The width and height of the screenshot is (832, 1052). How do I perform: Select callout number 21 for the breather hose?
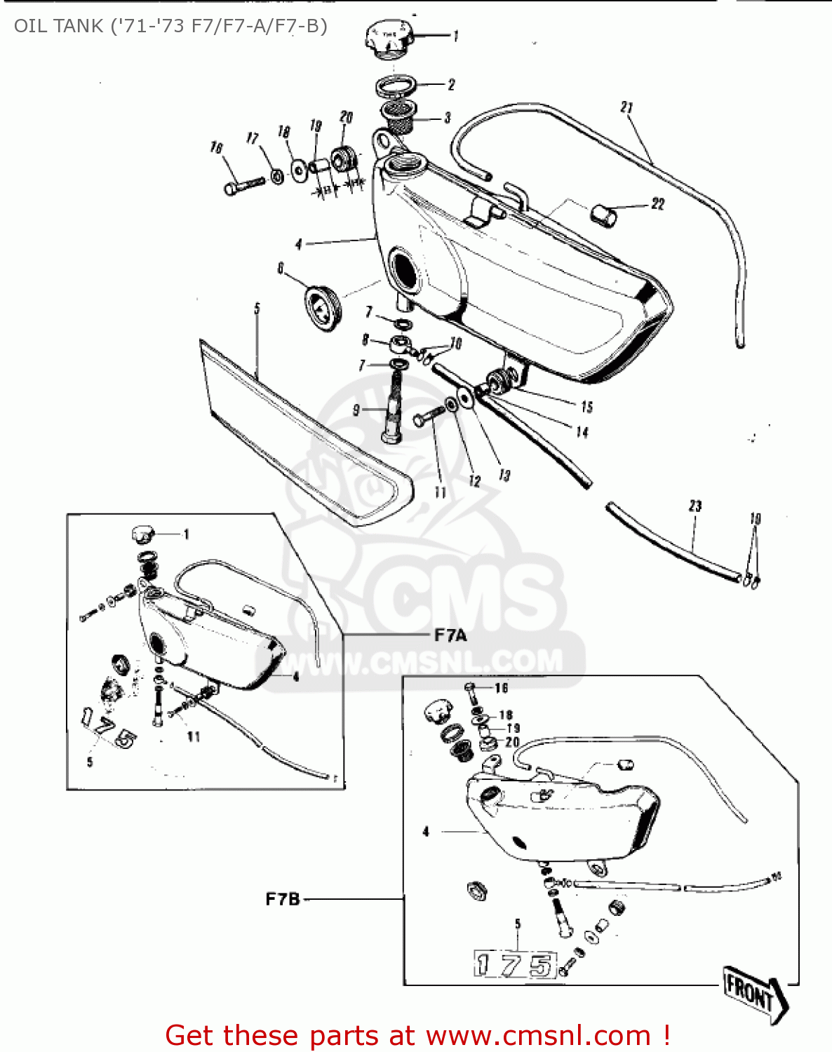[x=626, y=107]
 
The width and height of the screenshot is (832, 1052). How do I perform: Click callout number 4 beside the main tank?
[x=299, y=244]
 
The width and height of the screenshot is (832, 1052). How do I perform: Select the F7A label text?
[x=450, y=635]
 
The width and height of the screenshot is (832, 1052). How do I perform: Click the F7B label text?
[x=283, y=899]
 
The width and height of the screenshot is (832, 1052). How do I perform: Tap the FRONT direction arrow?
[x=755, y=992]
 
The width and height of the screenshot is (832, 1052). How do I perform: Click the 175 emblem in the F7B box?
[x=515, y=965]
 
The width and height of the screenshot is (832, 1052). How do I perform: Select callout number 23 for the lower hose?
[x=695, y=506]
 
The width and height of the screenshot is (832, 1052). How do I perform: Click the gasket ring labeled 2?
[x=396, y=87]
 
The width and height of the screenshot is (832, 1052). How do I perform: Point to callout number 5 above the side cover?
[x=257, y=309]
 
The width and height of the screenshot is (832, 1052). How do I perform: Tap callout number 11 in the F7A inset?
[x=194, y=736]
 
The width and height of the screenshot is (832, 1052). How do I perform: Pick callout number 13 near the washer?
[x=504, y=475]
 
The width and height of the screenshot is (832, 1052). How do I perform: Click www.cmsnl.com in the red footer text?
[x=538, y=1036]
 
